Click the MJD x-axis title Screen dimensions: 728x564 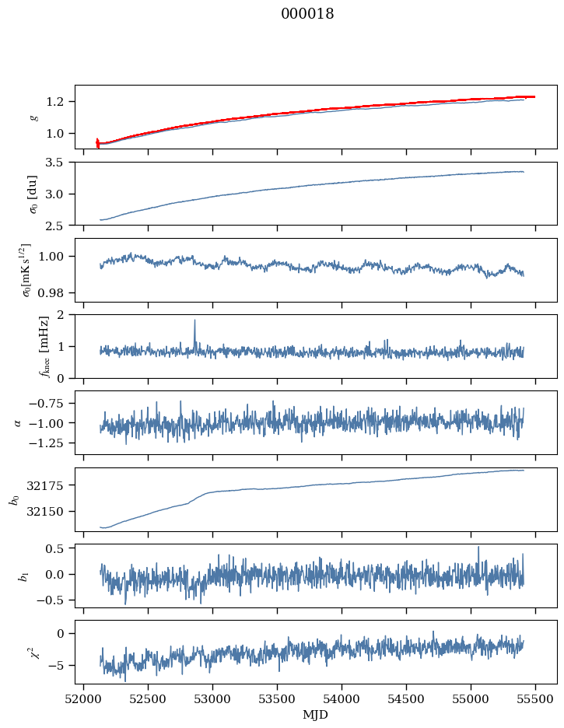[316, 715]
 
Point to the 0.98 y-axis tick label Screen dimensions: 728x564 [56, 293]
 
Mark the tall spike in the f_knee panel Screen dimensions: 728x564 [194, 320]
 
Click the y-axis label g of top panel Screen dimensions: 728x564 [33, 117]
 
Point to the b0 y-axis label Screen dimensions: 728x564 [13, 499]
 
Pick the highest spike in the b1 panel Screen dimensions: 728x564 [478, 547]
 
